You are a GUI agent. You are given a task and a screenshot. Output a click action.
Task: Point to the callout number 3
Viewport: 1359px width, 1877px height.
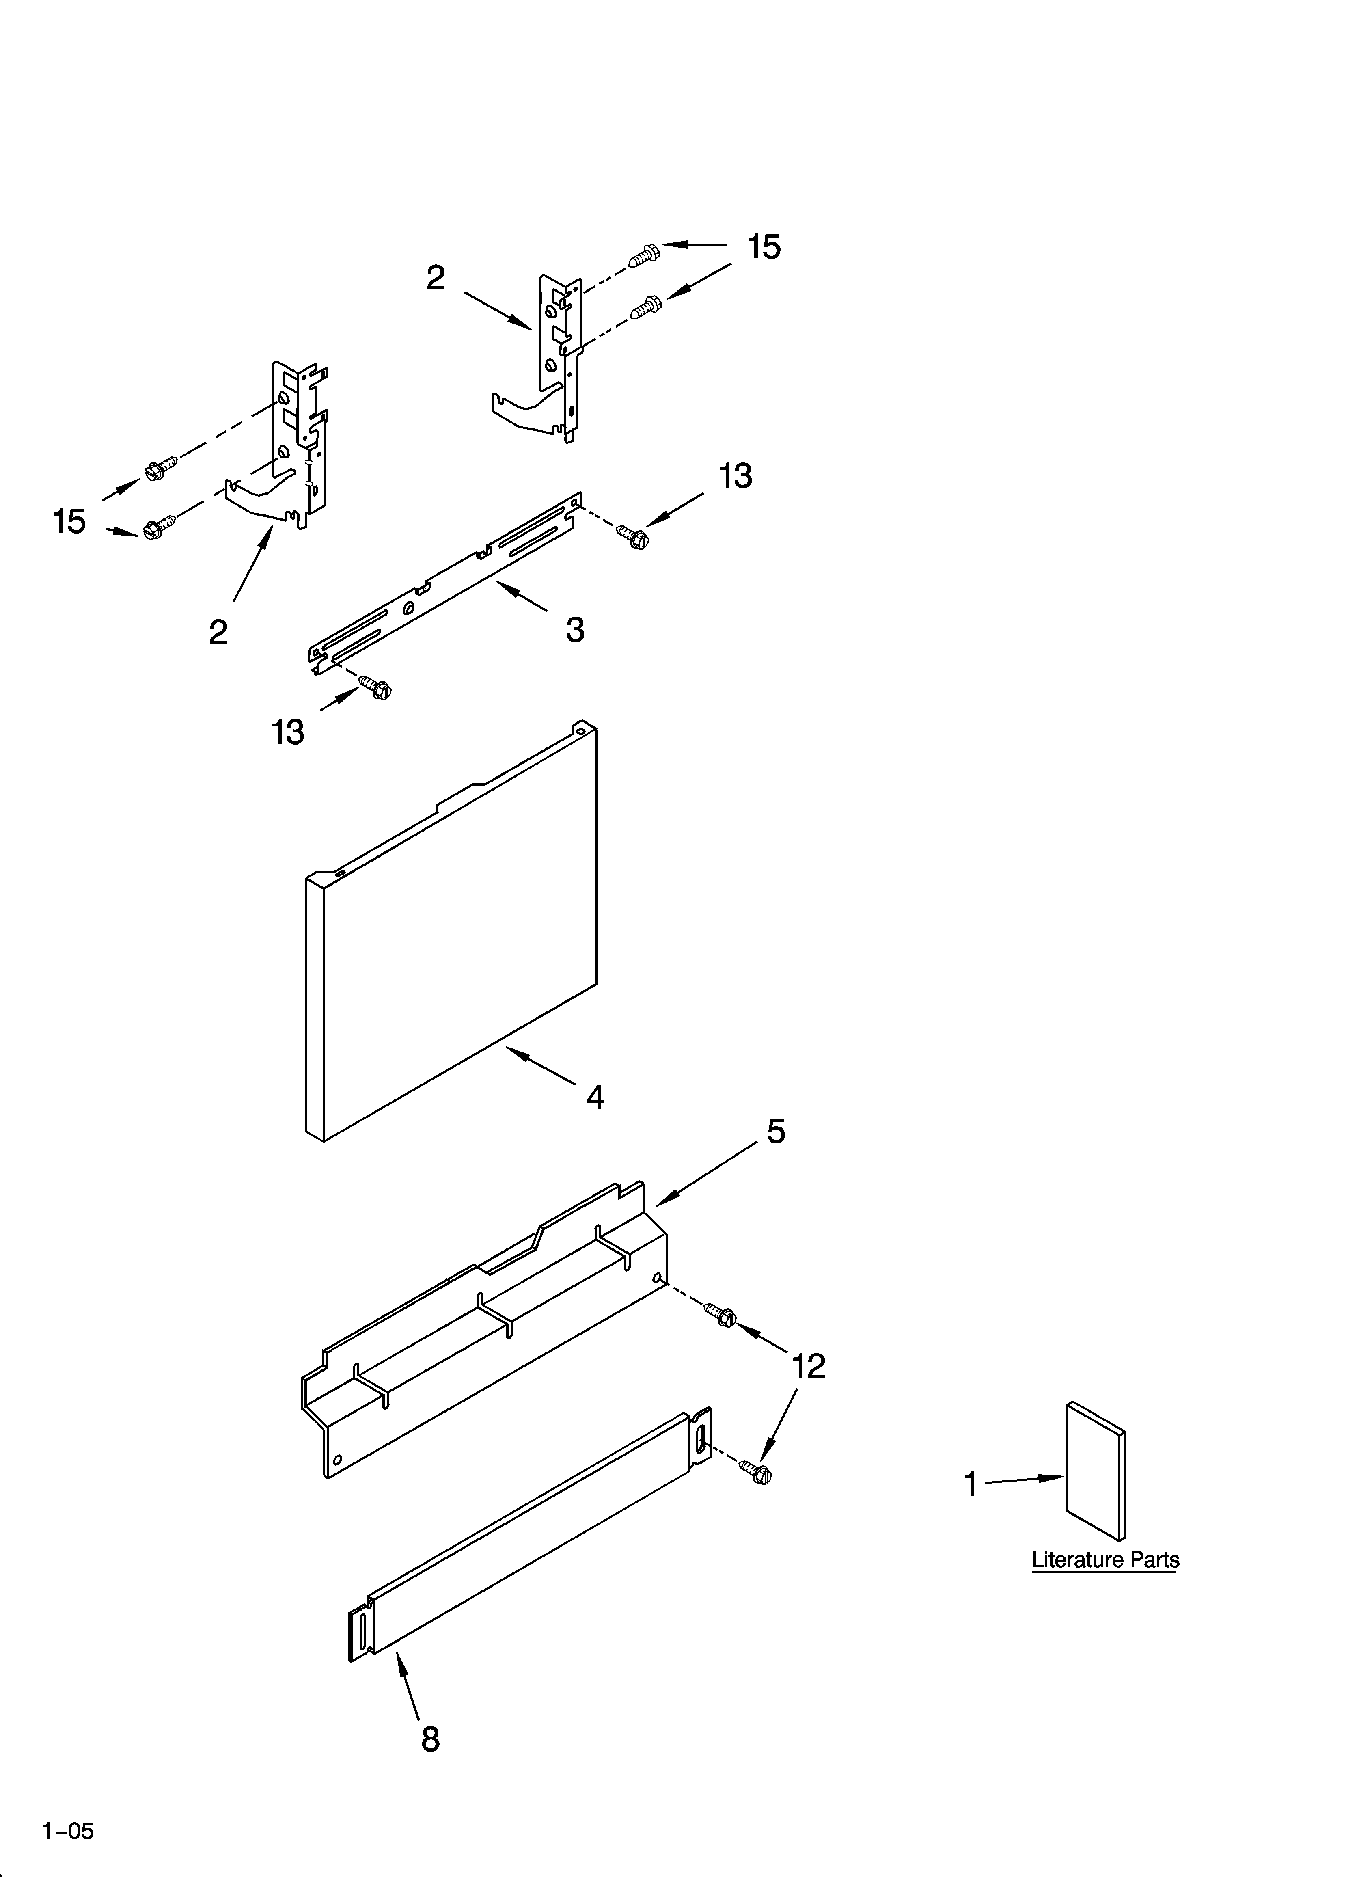click(575, 630)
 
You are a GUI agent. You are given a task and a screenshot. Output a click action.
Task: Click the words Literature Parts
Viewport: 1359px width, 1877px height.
click(1105, 1560)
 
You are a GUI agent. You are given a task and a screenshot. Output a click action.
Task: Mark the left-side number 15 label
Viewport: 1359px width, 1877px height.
click(69, 521)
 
